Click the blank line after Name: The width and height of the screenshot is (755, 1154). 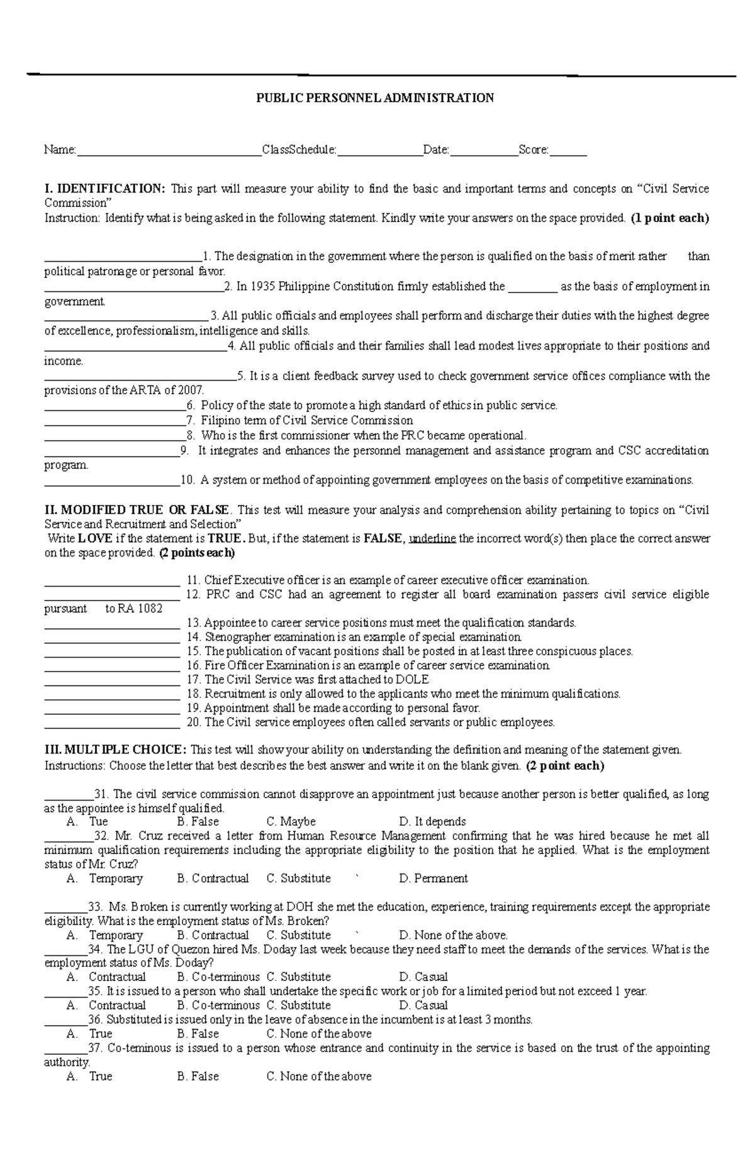tap(168, 151)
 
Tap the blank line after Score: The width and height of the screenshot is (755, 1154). tap(568, 151)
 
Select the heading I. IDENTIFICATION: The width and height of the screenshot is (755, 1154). tap(105, 189)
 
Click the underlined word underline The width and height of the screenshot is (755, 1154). tap(432, 539)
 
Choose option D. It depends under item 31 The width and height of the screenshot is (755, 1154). tap(432, 822)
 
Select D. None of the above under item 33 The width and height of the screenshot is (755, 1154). tap(453, 935)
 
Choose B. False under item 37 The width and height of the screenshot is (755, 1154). tap(198, 1077)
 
